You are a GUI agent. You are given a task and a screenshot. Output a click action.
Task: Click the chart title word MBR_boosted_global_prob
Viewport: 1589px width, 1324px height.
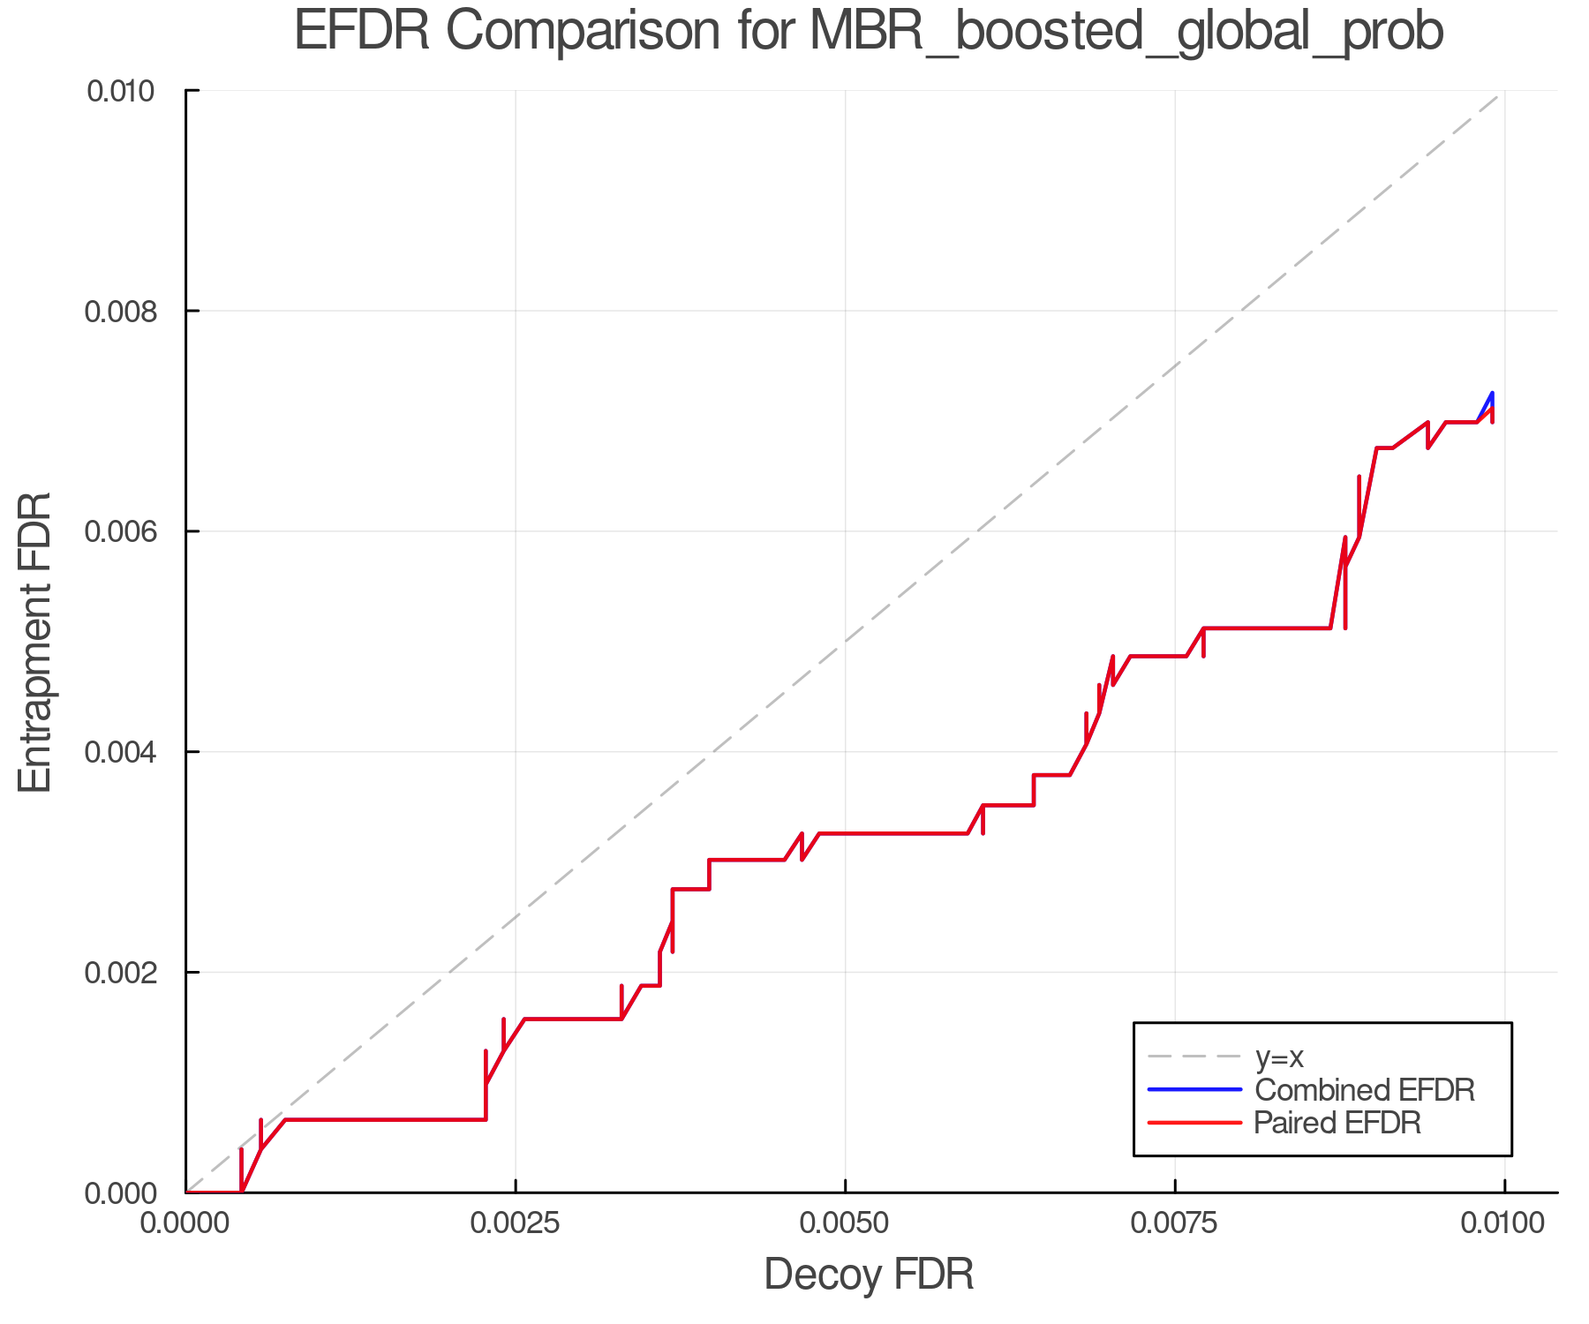[x=1126, y=32]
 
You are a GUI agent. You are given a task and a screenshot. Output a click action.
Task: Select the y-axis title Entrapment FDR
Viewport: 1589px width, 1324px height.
[x=35, y=642]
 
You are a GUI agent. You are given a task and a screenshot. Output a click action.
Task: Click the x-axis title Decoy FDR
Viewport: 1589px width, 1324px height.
[x=869, y=1275]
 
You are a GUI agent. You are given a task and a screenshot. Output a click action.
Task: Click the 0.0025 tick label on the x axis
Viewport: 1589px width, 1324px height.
[x=515, y=1222]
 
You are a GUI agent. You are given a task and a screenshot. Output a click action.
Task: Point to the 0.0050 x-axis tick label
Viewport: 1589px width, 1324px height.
[x=845, y=1222]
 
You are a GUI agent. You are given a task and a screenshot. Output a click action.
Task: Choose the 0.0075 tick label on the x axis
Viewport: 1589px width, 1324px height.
[x=1174, y=1222]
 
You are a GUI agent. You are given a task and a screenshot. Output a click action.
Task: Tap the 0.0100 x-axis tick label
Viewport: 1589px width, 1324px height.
[x=1504, y=1222]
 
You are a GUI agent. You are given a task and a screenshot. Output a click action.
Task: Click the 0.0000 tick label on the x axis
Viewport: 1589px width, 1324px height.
[x=185, y=1222]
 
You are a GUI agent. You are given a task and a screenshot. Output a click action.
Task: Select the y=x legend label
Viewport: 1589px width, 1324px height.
[x=1279, y=1057]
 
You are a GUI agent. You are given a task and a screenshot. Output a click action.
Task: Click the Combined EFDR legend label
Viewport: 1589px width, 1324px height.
[x=1364, y=1089]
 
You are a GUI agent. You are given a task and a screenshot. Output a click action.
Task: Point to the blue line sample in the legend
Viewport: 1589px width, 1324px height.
[x=1194, y=1089]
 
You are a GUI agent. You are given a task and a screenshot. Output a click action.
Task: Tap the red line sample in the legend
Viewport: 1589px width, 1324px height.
[x=1194, y=1122]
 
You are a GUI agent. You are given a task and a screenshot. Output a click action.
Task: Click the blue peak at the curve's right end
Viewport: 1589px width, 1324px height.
[x=1491, y=395]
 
